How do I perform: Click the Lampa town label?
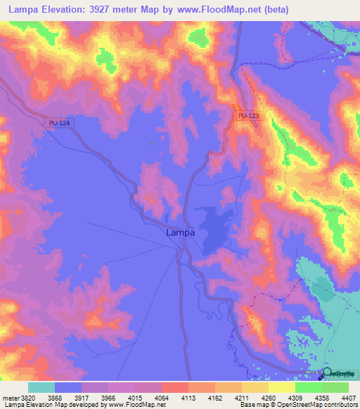coord(180,233)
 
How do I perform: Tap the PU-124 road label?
coord(60,123)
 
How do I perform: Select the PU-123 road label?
coord(249,115)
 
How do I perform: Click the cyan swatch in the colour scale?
coord(41,387)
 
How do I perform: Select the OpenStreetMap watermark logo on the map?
coord(337,374)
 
